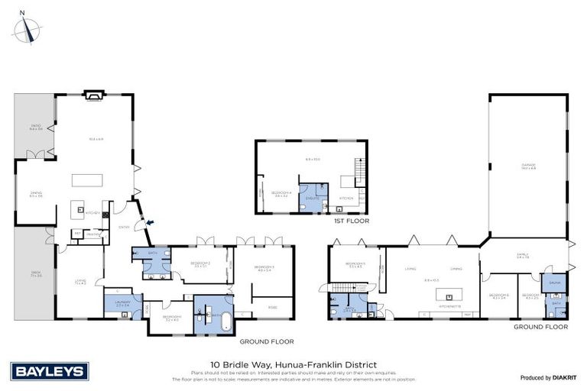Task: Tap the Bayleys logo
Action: point(50,371)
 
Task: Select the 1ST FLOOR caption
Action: point(351,221)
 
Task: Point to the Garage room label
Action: point(528,166)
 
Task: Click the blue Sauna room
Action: point(554,282)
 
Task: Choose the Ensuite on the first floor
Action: point(312,197)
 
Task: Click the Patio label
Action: point(34,128)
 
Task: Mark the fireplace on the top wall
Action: point(93,96)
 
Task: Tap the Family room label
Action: point(523,256)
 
